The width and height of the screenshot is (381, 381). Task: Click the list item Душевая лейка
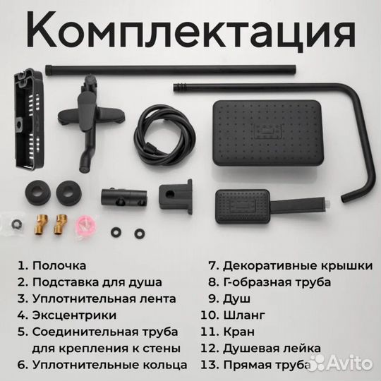[271, 348]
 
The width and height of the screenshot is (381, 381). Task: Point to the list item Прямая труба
[265, 364]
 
